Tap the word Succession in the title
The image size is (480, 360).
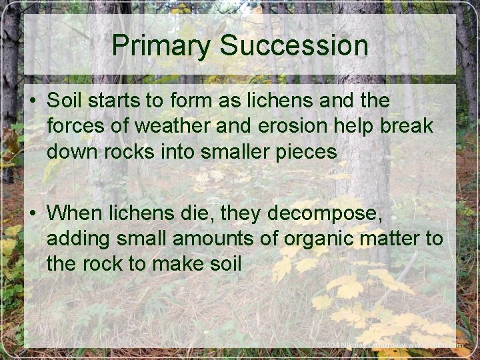(x=294, y=45)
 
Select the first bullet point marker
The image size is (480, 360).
(x=32, y=101)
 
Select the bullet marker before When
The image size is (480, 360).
(x=32, y=213)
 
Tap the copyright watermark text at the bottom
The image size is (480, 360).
(x=390, y=345)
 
